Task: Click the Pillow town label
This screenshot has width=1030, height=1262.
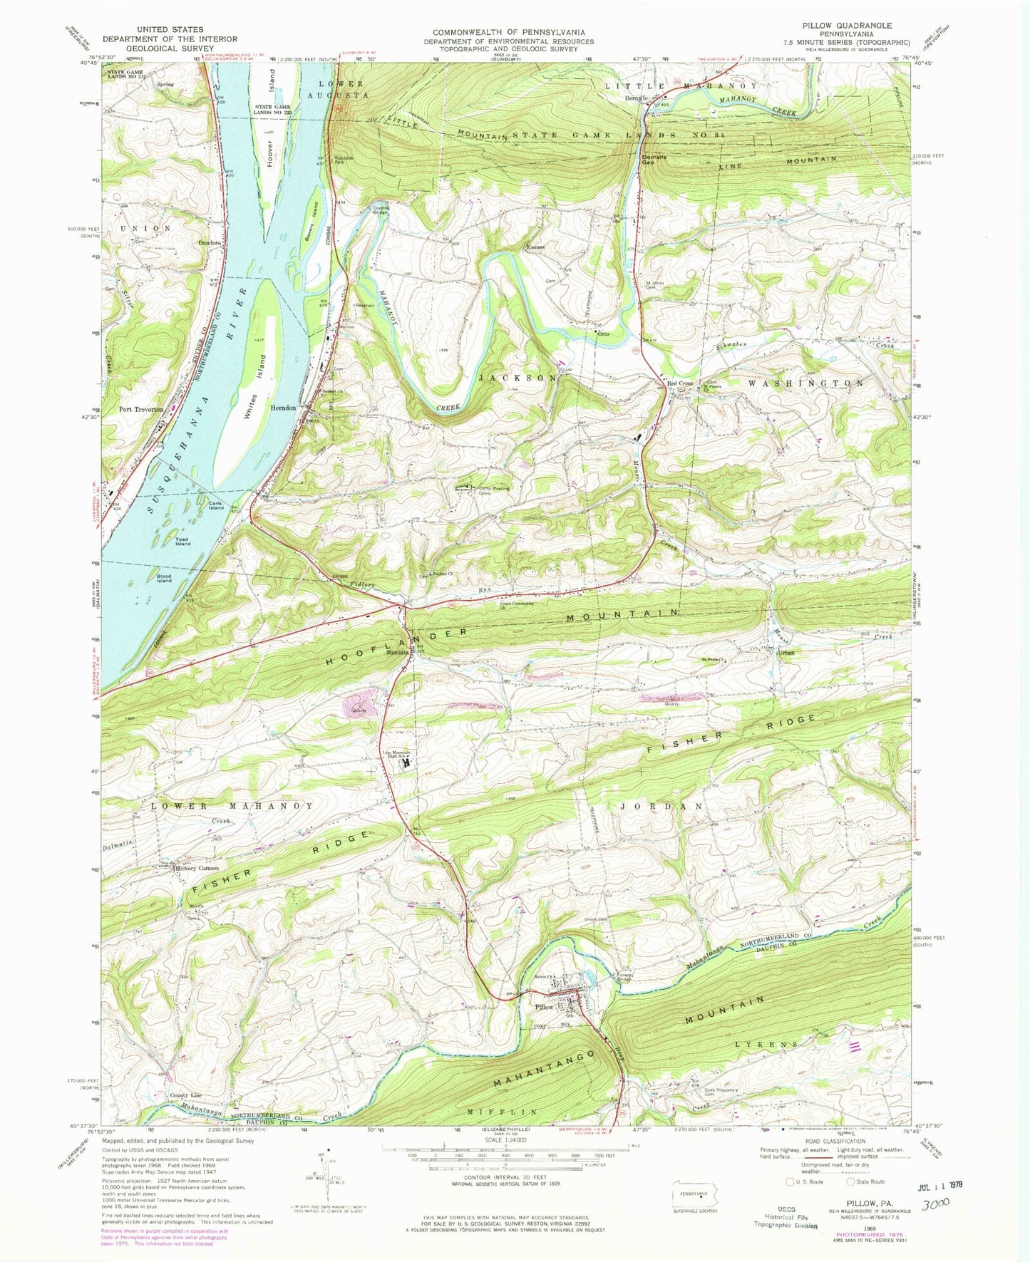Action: coord(544,1008)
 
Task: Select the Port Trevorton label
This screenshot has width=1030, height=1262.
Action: coord(142,410)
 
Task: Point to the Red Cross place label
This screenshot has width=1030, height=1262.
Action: coord(679,383)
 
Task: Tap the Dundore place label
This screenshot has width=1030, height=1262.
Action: coord(209,242)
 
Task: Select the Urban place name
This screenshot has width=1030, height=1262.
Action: coord(786,653)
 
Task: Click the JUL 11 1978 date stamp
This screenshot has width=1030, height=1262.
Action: coord(935,1184)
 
